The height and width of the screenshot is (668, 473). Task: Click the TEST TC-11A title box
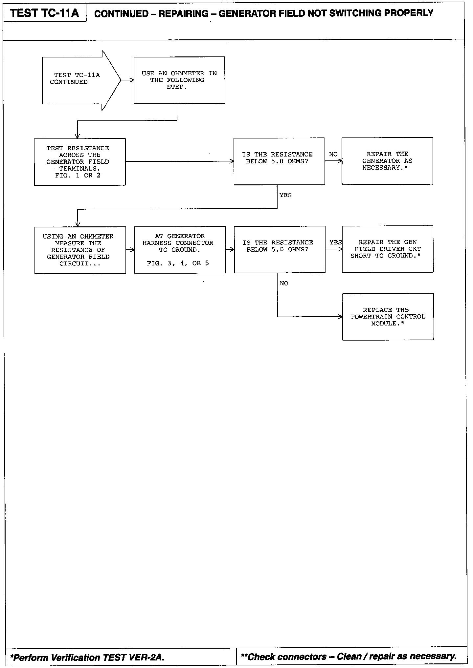44,13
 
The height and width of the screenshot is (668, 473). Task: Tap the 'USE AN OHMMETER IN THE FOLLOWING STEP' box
179,80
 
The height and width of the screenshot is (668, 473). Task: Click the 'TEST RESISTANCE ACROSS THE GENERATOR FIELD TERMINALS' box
80,162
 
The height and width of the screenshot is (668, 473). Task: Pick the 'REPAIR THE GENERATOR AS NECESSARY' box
387,161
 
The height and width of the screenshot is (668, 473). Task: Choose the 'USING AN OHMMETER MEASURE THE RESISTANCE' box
80,250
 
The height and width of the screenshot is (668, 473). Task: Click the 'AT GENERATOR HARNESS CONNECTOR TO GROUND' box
180,250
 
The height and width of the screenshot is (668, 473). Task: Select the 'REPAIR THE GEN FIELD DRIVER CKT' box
388,249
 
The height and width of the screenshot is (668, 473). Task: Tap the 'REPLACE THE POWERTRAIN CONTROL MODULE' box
388,317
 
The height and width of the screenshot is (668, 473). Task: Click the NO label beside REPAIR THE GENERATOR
333,154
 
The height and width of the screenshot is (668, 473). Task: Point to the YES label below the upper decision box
285,195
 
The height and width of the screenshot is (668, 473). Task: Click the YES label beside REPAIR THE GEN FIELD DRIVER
335,242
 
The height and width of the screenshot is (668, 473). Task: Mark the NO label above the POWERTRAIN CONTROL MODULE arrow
284,283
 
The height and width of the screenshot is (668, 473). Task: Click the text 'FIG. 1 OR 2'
78,176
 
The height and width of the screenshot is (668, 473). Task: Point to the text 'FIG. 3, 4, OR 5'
178,263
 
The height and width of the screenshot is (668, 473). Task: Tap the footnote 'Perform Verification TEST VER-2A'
87,658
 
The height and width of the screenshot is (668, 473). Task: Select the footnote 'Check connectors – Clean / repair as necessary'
349,657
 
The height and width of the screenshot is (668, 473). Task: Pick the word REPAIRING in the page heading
183,14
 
